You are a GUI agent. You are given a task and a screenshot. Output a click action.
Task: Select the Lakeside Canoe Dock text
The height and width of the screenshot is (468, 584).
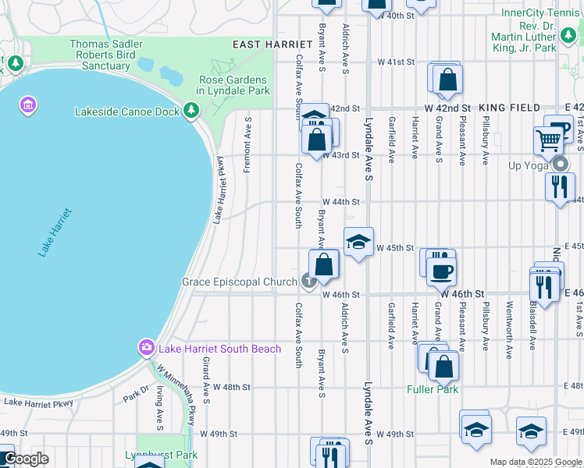pos(127,112)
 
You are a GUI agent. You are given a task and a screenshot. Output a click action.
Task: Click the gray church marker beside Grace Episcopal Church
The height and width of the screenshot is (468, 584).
pos(309,282)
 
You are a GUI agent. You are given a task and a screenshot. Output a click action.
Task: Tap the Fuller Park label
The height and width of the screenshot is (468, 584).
pos(432,388)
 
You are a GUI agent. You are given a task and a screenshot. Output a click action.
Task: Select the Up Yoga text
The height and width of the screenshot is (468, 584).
pos(529,166)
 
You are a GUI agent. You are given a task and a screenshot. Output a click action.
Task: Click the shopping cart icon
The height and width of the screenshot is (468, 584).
pos(548,141)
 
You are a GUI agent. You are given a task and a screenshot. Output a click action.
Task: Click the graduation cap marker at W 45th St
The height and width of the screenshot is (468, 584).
pos(358,242)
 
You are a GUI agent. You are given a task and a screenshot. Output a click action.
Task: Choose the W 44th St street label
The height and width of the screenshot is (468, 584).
pos(340,201)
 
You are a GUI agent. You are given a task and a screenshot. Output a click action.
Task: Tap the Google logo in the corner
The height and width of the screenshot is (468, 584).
pos(25,459)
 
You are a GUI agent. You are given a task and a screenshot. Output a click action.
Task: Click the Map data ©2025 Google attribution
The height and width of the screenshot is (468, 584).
pos(536,462)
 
